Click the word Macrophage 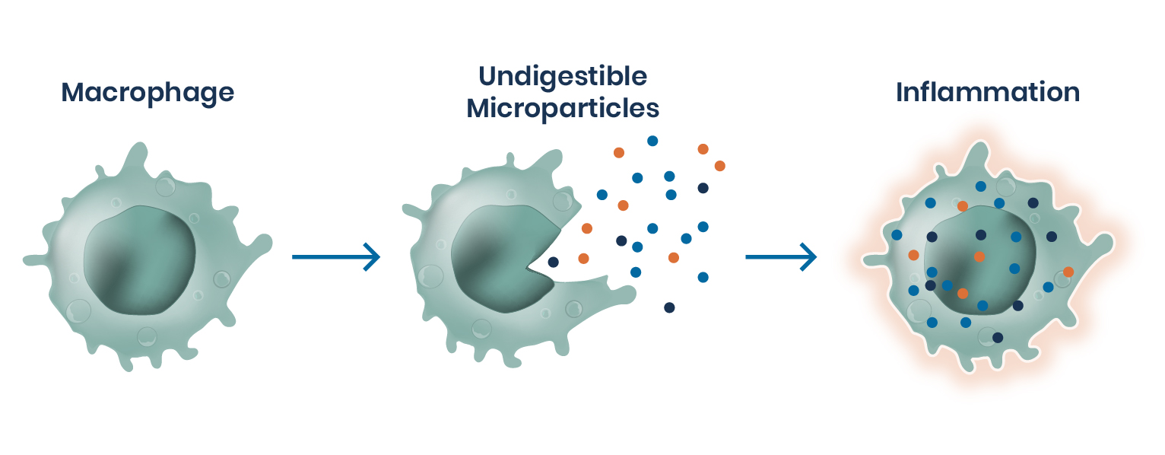tap(148, 93)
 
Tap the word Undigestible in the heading tap(563, 76)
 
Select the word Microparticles tap(563, 108)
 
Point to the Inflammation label tap(988, 93)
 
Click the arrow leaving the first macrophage tap(335, 257)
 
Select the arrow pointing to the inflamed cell tap(780, 257)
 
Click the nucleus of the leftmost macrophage tap(140, 259)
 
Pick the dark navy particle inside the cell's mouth tap(553, 262)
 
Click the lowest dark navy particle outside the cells tap(669, 307)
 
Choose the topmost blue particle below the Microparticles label tap(652, 141)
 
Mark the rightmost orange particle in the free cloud tap(719, 166)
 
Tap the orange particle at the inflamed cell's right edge tap(1068, 272)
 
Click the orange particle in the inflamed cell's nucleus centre tap(979, 256)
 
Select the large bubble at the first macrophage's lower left tap(79, 310)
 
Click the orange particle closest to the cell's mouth tap(583, 259)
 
